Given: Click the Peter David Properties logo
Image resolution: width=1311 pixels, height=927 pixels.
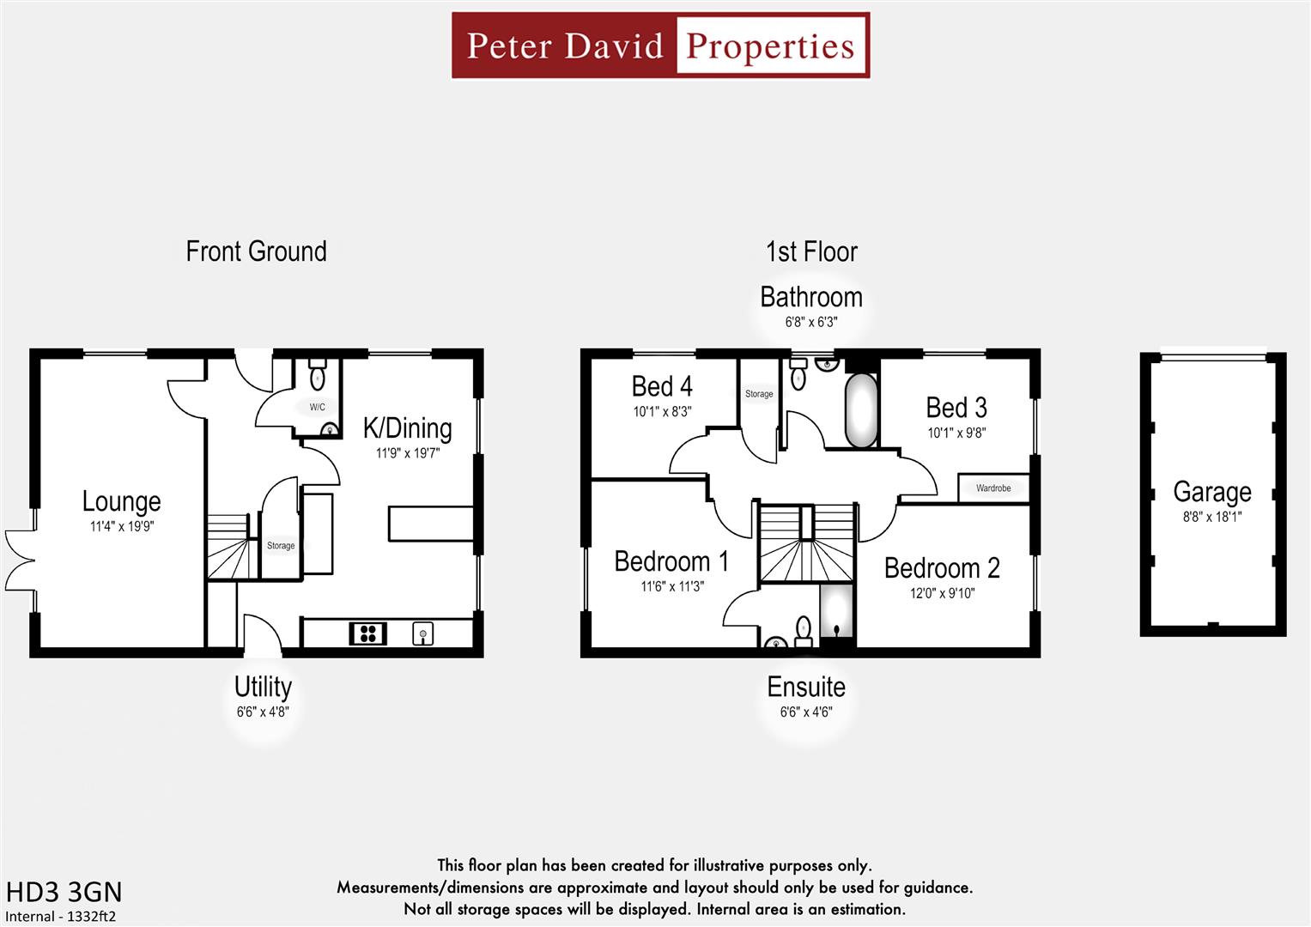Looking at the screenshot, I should tap(660, 45).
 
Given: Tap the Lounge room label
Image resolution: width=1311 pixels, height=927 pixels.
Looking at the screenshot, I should tap(121, 501).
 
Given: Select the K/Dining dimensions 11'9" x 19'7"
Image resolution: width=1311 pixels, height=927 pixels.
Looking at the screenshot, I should tap(407, 453).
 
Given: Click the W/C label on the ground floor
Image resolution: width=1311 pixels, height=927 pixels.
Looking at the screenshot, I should tap(318, 407).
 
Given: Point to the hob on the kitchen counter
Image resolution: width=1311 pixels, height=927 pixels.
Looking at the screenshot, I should tap(367, 634).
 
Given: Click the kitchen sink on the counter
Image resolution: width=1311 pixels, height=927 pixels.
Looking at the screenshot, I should tap(422, 634).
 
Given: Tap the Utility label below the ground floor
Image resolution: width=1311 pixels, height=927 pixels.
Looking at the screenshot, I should tap(263, 687).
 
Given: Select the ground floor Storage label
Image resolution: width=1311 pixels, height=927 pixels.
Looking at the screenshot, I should tap(281, 546).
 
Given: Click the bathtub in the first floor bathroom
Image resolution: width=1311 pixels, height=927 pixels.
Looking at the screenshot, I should tap(861, 410).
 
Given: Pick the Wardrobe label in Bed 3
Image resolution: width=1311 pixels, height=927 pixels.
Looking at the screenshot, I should tap(993, 488).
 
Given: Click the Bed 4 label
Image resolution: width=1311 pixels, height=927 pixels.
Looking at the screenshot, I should tap(662, 387).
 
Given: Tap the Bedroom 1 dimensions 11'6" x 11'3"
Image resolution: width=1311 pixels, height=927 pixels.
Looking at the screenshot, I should tap(672, 586).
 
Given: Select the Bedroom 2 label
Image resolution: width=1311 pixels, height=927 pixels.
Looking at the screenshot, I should tap(942, 568).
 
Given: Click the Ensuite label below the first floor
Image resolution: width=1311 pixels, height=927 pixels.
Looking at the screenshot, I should tap(806, 687).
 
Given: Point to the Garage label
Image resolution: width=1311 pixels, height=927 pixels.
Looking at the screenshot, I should tap(1211, 492).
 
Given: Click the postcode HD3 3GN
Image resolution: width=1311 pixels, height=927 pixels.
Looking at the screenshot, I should tap(64, 892).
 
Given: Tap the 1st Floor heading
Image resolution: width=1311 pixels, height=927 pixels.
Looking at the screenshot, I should tap(811, 251).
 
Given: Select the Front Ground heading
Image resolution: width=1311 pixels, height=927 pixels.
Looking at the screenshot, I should tap(256, 251).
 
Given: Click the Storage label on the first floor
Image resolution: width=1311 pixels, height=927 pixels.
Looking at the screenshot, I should tap(759, 394).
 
